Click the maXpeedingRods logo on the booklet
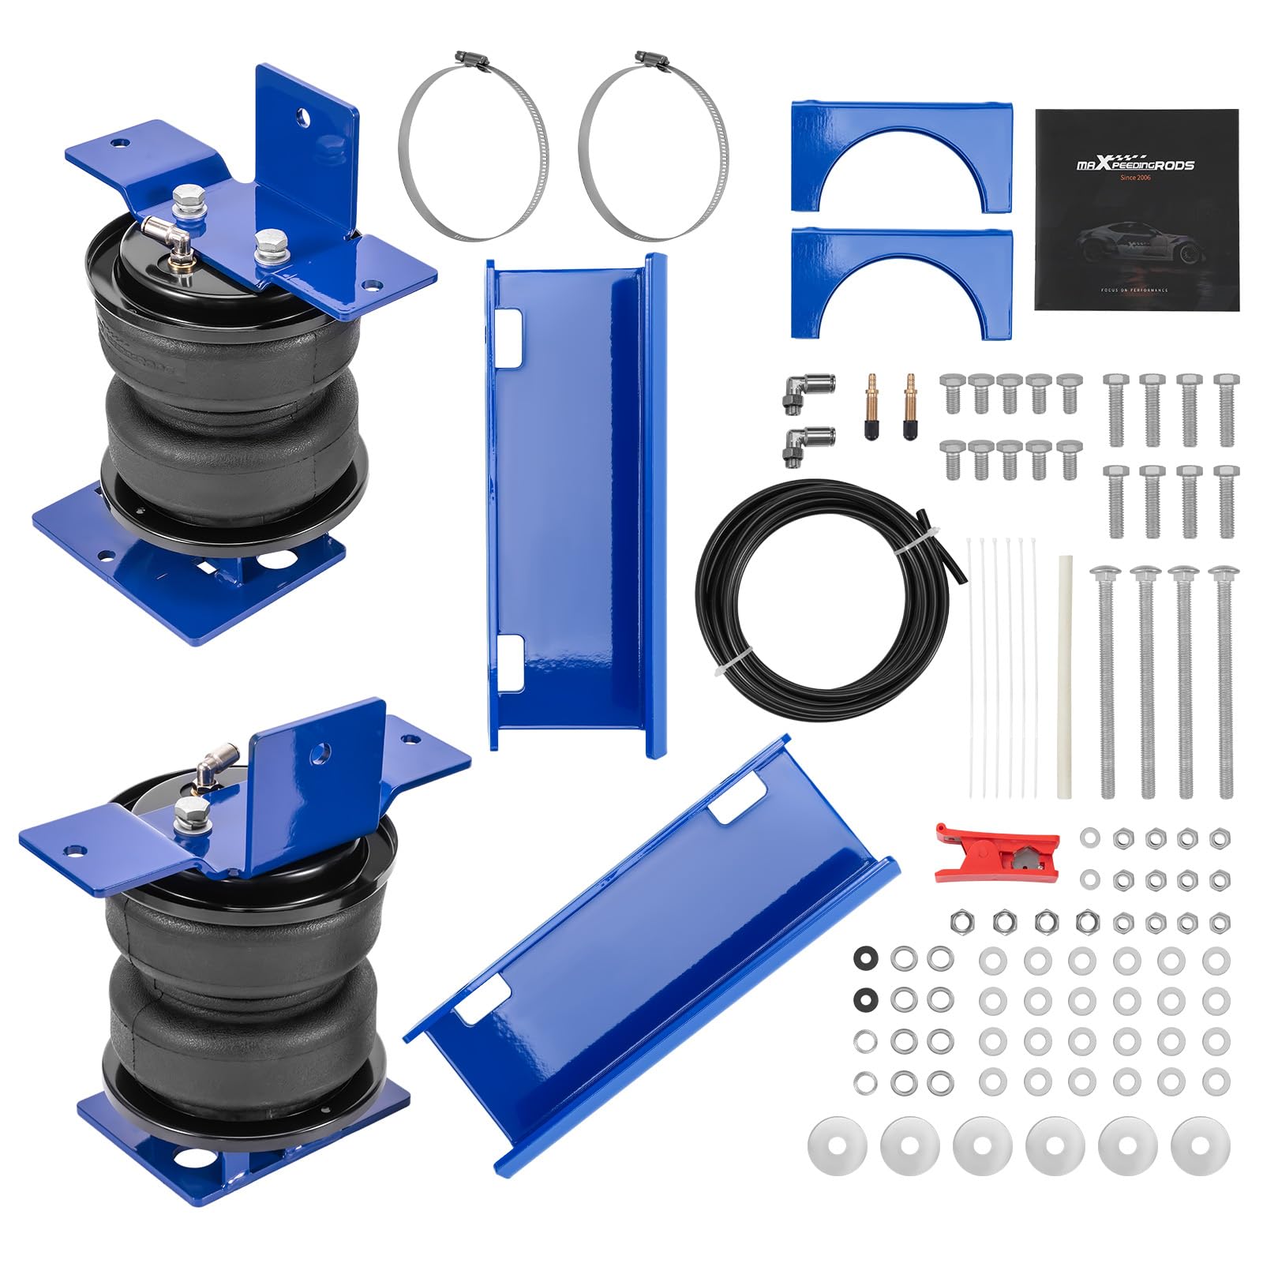click(1134, 164)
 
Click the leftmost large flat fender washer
click(838, 1145)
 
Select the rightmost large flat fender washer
click(1200, 1145)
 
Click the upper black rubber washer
click(866, 958)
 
